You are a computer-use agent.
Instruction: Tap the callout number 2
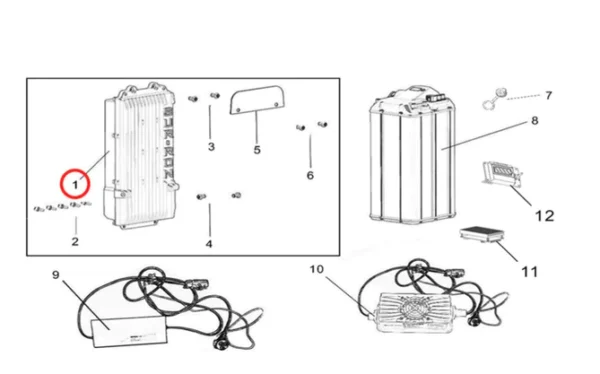(74, 241)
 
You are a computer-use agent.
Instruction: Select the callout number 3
(211, 147)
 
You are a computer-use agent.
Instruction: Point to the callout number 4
(209, 243)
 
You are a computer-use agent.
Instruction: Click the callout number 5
(256, 150)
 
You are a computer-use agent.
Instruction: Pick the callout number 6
(310, 175)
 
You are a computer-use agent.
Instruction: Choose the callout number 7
(547, 96)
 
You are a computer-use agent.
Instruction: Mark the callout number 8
(534, 121)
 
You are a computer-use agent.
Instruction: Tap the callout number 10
(317, 269)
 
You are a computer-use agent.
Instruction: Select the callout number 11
(530, 271)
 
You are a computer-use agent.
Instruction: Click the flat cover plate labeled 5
(254, 101)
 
